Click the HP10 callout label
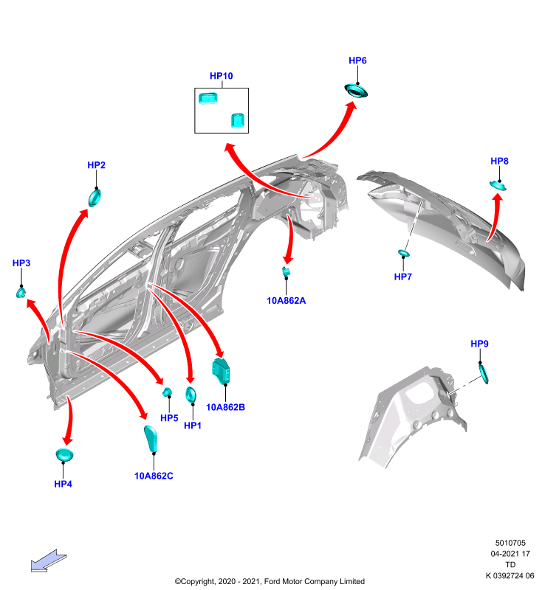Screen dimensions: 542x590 [221, 76]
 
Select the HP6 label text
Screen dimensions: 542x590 [357, 60]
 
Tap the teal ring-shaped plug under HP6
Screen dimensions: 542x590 [356, 91]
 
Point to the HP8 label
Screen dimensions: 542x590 [499, 161]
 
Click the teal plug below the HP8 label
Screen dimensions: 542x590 [498, 185]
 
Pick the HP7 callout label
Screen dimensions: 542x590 [402, 277]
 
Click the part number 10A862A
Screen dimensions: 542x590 [287, 301]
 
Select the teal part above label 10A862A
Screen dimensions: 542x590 [287, 271]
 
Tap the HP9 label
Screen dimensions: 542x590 [479, 344]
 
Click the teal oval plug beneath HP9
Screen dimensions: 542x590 [484, 374]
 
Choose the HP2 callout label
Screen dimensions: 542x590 [97, 165]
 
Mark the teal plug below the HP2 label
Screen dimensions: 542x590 [95, 198]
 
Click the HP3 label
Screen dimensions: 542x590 [21, 263]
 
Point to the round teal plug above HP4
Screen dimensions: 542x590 [64, 455]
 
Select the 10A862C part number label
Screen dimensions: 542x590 [154, 476]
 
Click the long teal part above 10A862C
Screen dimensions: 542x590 [151, 439]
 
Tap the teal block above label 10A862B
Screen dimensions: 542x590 [222, 371]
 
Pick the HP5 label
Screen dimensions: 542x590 [169, 418]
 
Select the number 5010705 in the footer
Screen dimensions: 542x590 [510, 543]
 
